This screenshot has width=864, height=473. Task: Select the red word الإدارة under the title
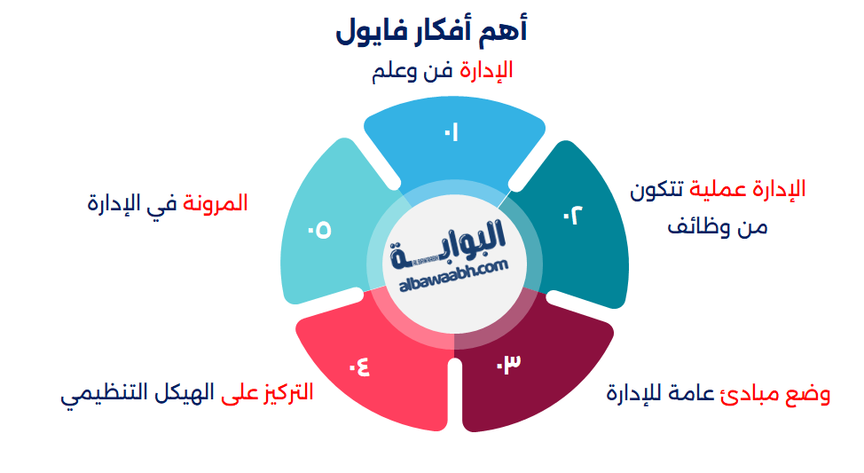[x=486, y=70]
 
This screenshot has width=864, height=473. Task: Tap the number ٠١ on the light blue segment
[x=452, y=134]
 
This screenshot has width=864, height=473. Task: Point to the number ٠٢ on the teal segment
[x=574, y=215]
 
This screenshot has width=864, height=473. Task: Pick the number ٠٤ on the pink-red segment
[x=359, y=365]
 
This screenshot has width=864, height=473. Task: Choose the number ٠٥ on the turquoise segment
[x=319, y=230]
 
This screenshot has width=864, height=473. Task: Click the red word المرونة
[x=216, y=203]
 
